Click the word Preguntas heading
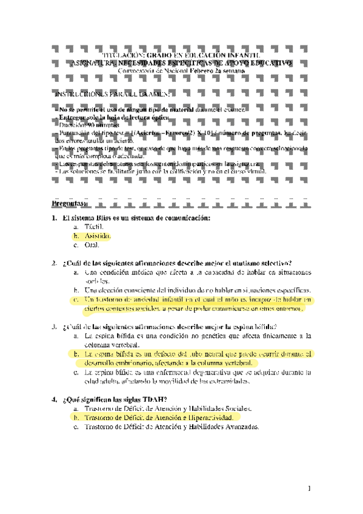(x=72, y=203)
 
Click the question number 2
(x=55, y=263)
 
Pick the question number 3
(x=55, y=326)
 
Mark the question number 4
(x=55, y=399)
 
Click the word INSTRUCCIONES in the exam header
(x=85, y=95)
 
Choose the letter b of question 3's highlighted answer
(x=76, y=353)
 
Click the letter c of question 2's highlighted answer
(x=76, y=299)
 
